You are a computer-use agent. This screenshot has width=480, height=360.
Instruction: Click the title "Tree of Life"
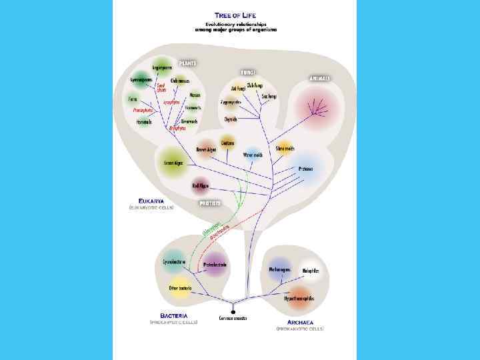click(x=237, y=15)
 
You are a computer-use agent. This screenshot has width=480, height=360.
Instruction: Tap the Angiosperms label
click(x=162, y=67)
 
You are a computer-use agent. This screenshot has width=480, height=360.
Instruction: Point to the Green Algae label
click(x=173, y=162)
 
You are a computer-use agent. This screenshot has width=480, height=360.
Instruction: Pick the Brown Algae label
click(x=206, y=149)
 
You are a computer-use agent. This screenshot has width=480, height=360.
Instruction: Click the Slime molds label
click(x=285, y=148)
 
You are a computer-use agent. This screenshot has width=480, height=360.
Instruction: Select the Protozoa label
click(x=306, y=168)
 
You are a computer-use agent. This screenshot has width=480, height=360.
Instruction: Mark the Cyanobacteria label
click(x=174, y=262)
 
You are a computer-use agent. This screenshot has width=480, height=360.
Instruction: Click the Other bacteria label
click(x=180, y=288)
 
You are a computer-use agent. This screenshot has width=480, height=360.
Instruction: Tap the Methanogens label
click(x=280, y=269)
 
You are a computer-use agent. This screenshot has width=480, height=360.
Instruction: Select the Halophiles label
click(x=311, y=271)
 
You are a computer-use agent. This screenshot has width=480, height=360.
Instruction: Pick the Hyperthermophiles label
click(x=299, y=299)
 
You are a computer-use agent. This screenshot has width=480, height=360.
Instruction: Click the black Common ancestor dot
click(x=233, y=311)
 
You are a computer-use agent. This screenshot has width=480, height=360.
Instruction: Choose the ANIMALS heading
click(x=320, y=78)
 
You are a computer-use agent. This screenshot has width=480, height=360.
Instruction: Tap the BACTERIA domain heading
click(x=173, y=315)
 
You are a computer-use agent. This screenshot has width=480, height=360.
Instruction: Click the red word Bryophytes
click(x=177, y=127)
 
